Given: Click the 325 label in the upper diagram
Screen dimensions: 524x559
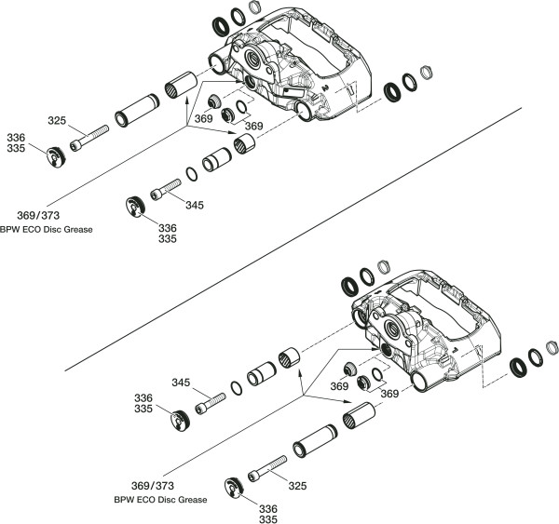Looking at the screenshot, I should pyautogui.click(x=57, y=120).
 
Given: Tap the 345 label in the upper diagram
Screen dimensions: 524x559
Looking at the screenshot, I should pyautogui.click(x=194, y=205).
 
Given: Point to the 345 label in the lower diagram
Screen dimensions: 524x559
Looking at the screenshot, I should pyautogui.click(x=182, y=383).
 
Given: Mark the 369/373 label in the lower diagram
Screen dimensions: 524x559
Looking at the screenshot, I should pyautogui.click(x=153, y=487).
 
